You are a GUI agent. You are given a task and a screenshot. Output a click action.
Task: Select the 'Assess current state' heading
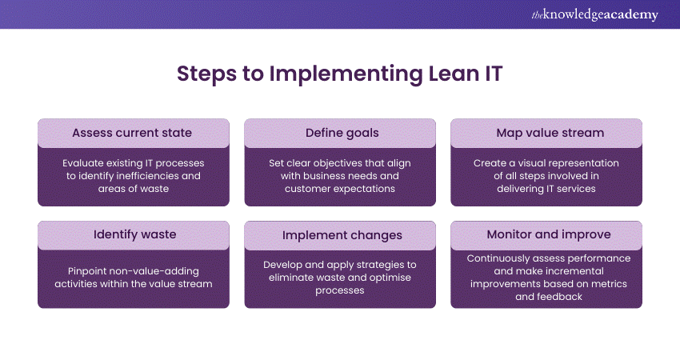[133, 132]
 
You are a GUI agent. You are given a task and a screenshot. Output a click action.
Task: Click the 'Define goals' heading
[339, 132]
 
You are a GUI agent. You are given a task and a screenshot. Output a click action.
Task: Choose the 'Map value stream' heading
[546, 132]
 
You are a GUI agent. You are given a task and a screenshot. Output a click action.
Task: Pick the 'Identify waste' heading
[133, 234]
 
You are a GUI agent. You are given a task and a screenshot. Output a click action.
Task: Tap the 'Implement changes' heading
[339, 234]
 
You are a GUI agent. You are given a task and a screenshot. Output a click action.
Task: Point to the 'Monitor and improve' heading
[546, 234]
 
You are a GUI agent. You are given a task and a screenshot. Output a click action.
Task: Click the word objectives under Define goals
[328, 162]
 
